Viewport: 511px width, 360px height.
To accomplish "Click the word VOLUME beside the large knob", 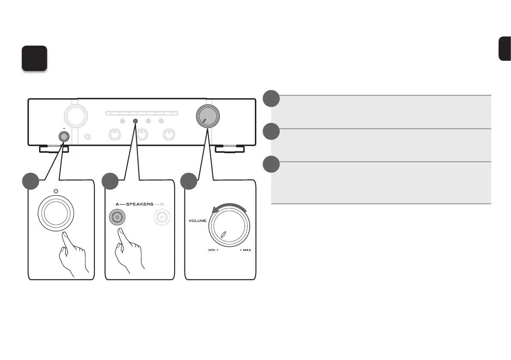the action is coord(197,221).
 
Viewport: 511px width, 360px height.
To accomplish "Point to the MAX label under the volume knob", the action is coord(247,250).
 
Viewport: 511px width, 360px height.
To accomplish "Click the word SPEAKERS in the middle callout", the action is coord(139,205).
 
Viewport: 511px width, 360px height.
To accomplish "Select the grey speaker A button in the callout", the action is coord(116,218).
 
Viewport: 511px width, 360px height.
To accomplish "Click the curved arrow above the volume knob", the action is coord(229,208).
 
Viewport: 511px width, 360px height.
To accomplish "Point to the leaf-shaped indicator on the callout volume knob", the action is coord(224,235).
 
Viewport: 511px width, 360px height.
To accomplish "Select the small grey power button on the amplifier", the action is coord(63,136).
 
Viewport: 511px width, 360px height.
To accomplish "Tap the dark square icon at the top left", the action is coord(34,59).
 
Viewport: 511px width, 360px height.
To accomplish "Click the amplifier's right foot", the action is coord(230,149).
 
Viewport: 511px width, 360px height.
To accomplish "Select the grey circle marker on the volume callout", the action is coord(189,181).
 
